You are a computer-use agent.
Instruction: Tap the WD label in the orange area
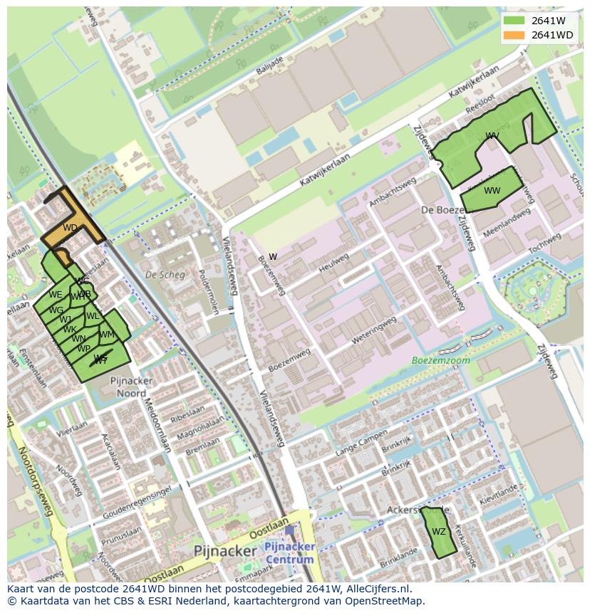coord(70,228)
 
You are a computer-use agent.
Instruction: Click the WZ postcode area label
coord(439,532)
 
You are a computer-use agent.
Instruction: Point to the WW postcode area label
coord(492,191)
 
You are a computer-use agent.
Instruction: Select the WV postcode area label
coord(492,135)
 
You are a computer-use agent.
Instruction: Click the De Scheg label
coord(165,275)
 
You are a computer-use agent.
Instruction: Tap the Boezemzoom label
coord(441,360)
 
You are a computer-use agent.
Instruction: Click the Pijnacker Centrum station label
coord(289,552)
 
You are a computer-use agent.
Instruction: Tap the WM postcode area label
coord(107,335)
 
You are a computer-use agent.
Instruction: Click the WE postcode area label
coord(55,295)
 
